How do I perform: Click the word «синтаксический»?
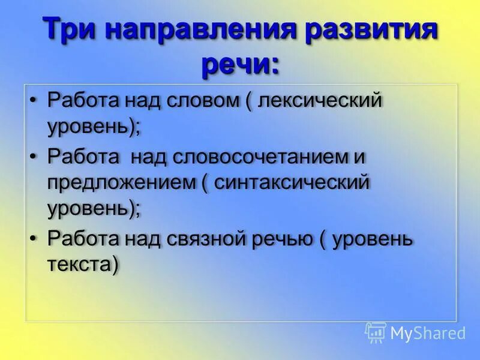(292, 182)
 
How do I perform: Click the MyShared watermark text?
(428, 333)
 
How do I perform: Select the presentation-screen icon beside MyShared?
(376, 332)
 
